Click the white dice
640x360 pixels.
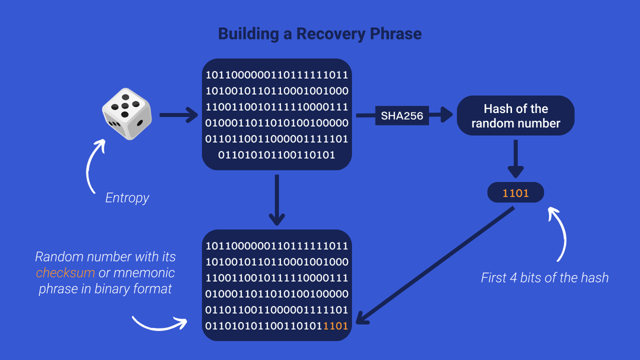(x=127, y=114)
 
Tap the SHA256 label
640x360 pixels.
(x=402, y=115)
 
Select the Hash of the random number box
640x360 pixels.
(x=515, y=115)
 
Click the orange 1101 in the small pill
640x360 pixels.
(x=515, y=193)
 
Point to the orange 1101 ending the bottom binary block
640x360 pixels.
(x=335, y=326)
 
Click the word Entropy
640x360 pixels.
(x=127, y=197)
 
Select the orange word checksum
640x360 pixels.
(x=65, y=273)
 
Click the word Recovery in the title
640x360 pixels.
(x=330, y=33)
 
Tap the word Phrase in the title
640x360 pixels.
(x=395, y=33)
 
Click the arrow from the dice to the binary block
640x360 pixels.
(x=178, y=115)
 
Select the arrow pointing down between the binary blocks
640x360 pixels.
(x=276, y=200)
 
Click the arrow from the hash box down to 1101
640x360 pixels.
(x=515, y=159)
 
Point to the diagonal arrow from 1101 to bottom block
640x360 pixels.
(x=435, y=266)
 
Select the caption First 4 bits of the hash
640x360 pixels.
(x=544, y=277)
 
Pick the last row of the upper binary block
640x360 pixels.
(x=276, y=155)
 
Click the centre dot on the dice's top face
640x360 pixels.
(x=125, y=106)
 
